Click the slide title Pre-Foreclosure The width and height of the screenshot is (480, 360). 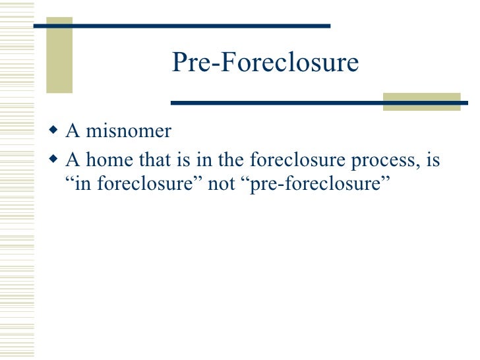[x=265, y=63]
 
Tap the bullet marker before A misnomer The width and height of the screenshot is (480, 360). [x=55, y=131]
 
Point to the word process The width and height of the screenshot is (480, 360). [x=383, y=162]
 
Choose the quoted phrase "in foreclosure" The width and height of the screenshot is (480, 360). [x=135, y=183]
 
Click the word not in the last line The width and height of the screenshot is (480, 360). [x=221, y=183]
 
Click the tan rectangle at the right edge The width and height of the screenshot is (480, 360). [x=422, y=101]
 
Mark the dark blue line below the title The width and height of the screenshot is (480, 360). [x=277, y=103]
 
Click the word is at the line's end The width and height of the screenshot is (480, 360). [x=432, y=160]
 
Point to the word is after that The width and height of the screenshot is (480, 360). [x=183, y=160]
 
